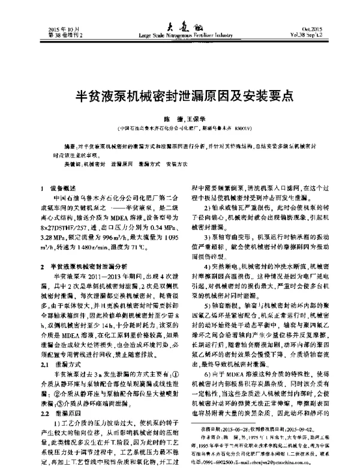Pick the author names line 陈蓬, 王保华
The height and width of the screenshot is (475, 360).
(x=181, y=119)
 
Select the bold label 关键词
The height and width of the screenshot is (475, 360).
(x=73, y=164)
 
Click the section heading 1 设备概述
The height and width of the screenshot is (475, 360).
(x=60, y=188)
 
